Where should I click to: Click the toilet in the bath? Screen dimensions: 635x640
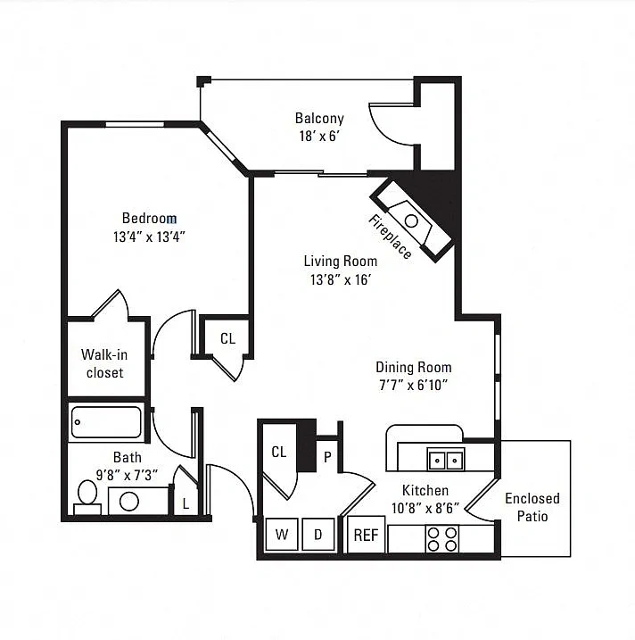(x=87, y=498)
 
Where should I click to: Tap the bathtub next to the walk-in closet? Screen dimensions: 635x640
(x=106, y=422)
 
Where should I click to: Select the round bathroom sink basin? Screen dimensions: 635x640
(x=129, y=502)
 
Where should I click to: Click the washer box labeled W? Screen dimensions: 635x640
(x=282, y=535)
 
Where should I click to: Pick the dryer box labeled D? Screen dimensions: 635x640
(x=318, y=535)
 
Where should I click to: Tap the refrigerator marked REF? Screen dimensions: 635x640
(x=366, y=535)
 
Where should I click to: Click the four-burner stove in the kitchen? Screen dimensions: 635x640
(x=442, y=539)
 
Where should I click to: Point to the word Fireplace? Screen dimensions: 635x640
(x=391, y=237)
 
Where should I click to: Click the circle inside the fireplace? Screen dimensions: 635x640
(x=411, y=221)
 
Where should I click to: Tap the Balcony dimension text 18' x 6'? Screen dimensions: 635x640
(x=320, y=136)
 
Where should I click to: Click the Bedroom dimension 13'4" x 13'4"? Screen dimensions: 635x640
(x=149, y=237)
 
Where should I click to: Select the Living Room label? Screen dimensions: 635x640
(x=341, y=262)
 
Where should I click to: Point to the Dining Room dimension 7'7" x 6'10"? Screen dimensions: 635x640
(x=414, y=385)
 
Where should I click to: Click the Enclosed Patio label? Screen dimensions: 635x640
(x=532, y=507)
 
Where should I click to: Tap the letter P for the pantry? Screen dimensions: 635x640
(x=327, y=458)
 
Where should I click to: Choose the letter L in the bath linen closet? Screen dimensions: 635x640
(x=186, y=504)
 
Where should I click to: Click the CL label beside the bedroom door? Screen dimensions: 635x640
(x=228, y=338)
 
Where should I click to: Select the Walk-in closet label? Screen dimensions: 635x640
(x=104, y=363)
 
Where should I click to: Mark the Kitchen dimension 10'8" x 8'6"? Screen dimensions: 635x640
(x=425, y=508)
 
